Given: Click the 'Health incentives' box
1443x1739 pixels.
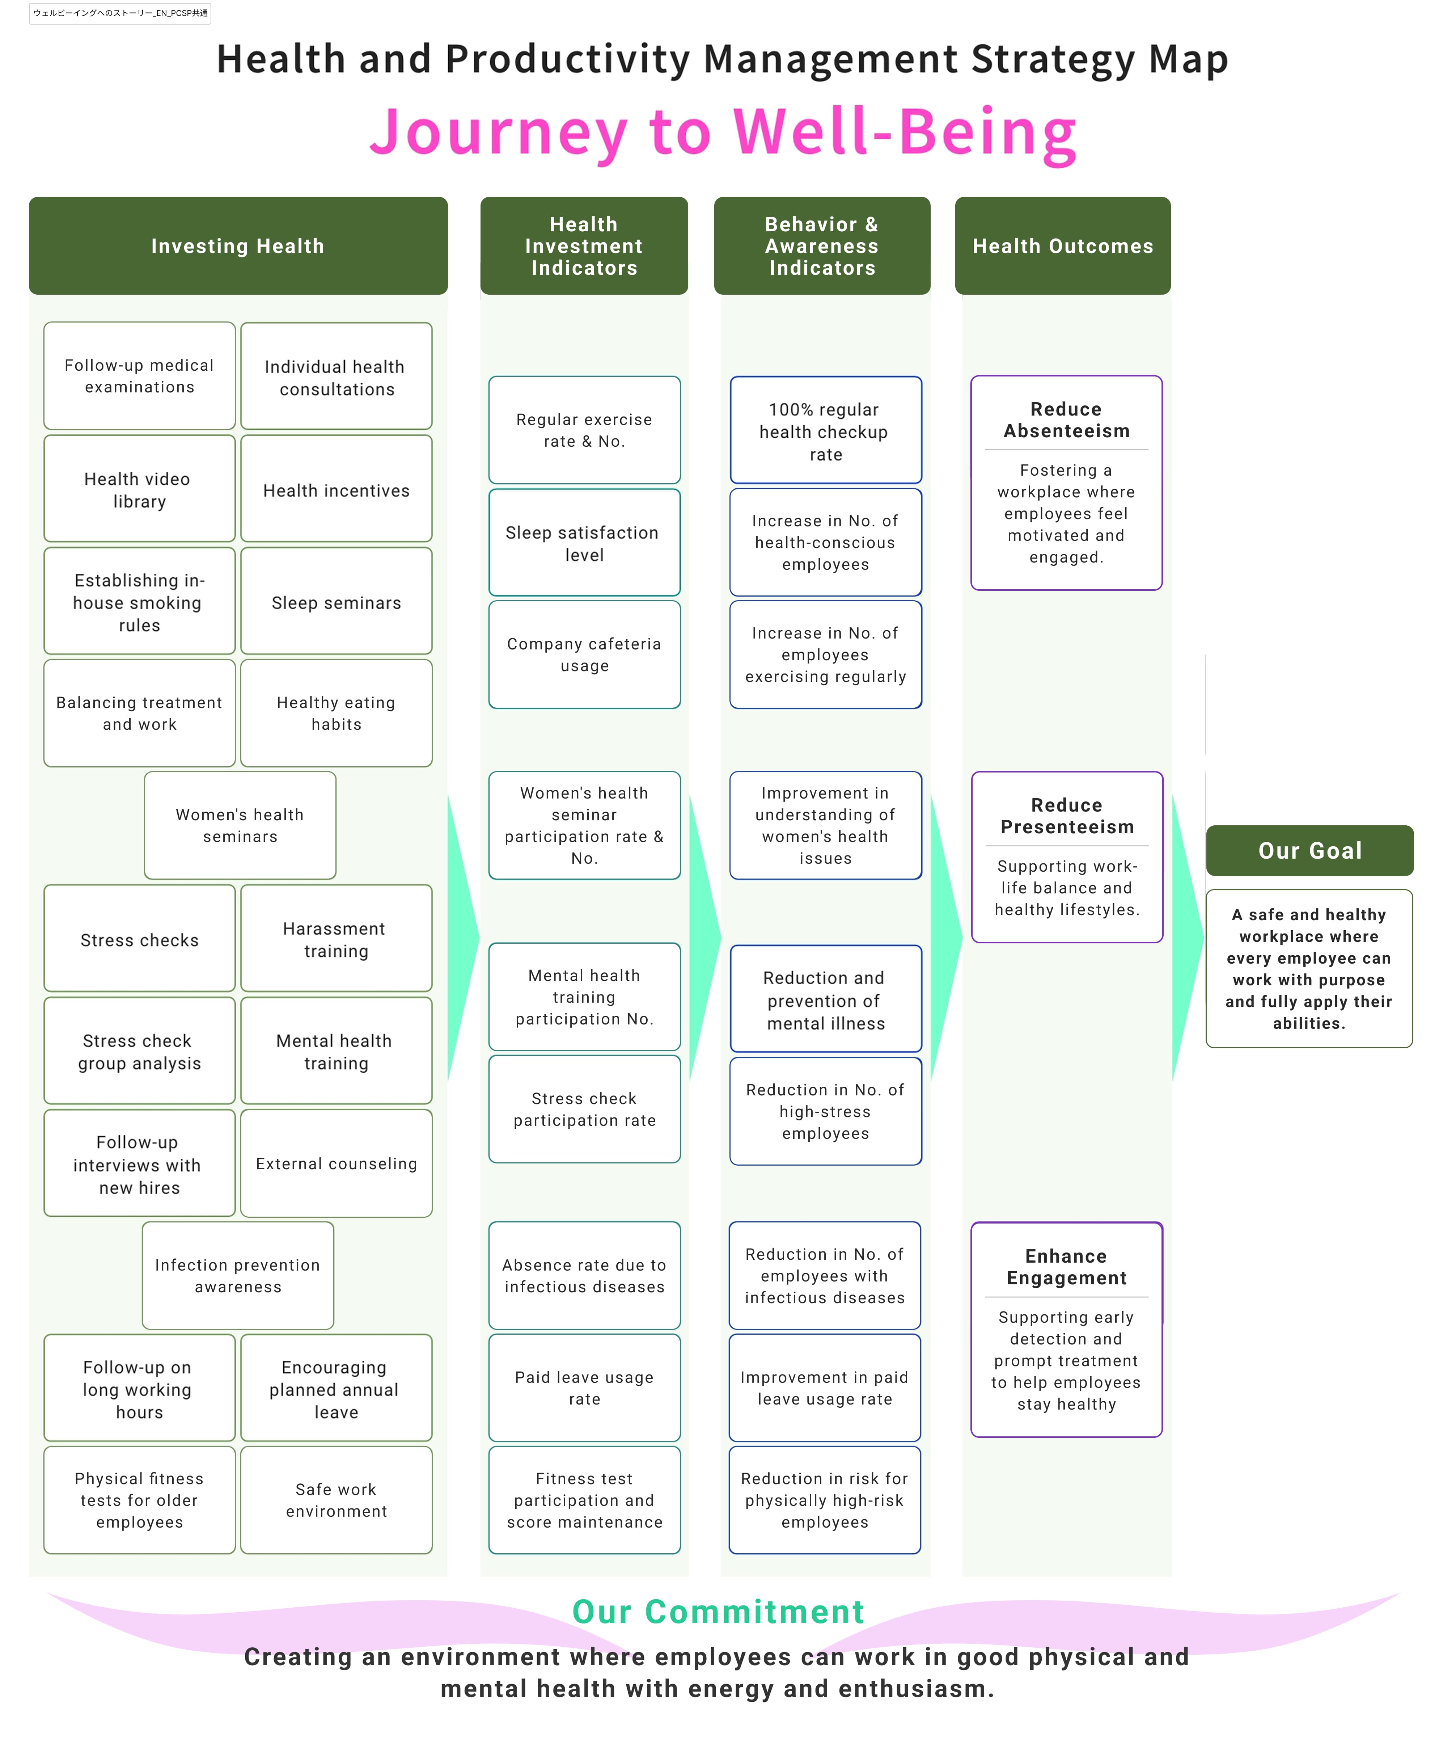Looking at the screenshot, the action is [336, 489].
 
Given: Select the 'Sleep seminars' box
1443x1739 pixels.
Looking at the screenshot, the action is [336, 601].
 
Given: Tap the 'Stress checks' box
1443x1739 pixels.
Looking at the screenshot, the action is [139, 938].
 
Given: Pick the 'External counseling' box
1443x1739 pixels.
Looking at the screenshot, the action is [336, 1163].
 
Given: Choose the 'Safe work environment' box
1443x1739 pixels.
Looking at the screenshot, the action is [336, 1500].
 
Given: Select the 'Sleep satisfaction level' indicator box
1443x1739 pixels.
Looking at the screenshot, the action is [584, 542].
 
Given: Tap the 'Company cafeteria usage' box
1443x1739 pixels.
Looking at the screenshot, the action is [584, 654].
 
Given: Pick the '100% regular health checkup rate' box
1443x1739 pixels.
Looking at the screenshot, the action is [825, 430].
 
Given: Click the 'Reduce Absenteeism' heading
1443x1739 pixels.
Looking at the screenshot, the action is [1066, 420].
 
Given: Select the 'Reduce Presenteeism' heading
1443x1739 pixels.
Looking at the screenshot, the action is [1067, 816].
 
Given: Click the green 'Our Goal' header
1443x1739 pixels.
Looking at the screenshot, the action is [1310, 850].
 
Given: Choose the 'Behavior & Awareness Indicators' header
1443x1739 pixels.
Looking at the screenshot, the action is [822, 246].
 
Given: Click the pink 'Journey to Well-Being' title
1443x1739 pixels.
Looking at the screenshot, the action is [723, 132].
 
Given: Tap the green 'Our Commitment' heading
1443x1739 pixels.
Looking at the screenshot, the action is [718, 1612].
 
